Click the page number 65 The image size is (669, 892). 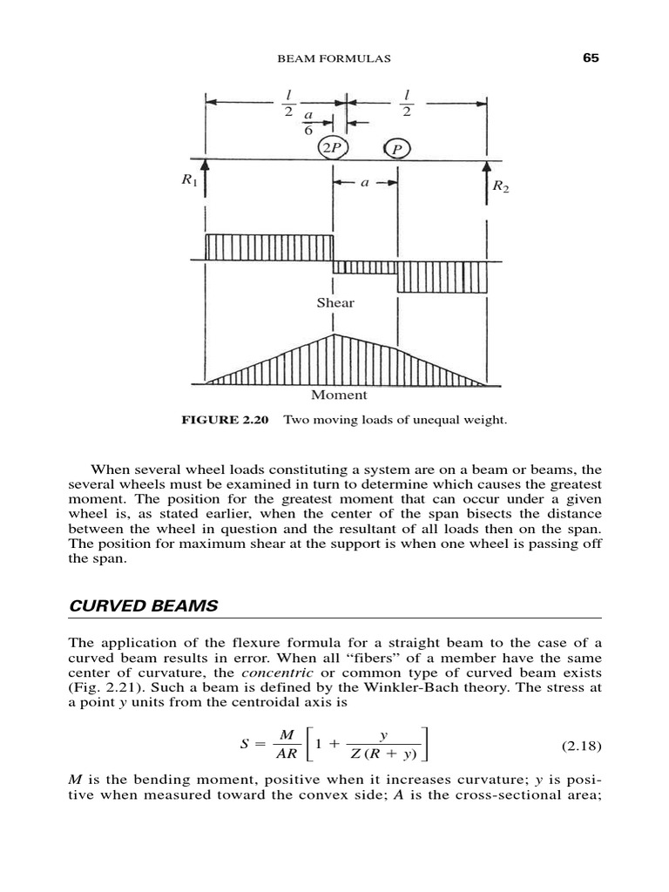pos(592,58)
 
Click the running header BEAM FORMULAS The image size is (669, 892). pos(334,59)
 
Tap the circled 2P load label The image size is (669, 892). pos(332,147)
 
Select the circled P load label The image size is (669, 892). pos(397,149)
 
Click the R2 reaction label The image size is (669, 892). pos(500,186)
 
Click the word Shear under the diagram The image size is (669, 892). pos(335,302)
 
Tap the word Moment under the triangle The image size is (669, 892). pos(345,395)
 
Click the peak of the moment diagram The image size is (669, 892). pos(335,334)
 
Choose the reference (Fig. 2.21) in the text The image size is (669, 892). pos(104,689)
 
